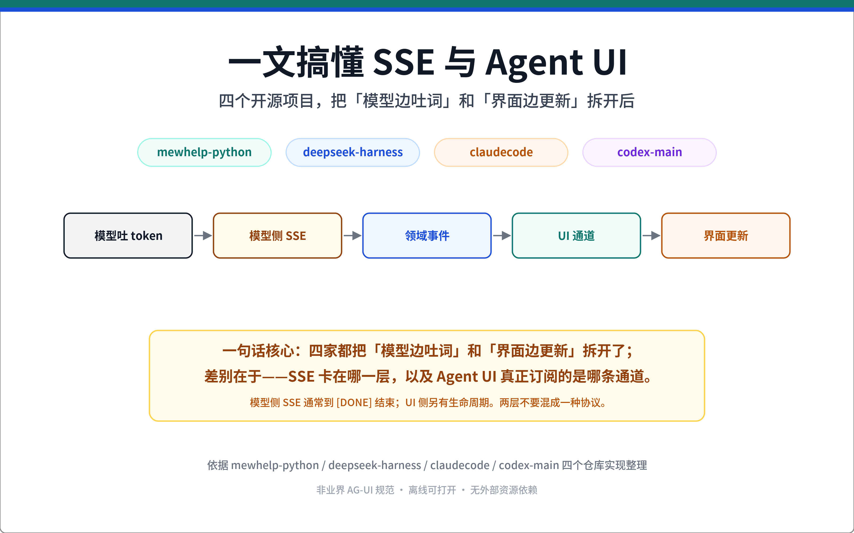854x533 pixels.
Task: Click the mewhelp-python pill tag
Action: pyautogui.click(x=204, y=152)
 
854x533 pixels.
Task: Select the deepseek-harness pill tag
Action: pyautogui.click(x=353, y=152)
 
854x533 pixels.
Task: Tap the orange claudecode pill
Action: pyautogui.click(x=501, y=152)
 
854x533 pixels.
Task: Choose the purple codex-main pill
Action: pyautogui.click(x=649, y=152)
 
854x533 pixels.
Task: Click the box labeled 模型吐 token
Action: pyautogui.click(x=128, y=236)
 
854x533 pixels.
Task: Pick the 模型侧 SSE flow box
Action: pyautogui.click(x=277, y=236)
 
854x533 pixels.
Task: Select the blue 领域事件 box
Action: pyautogui.click(x=427, y=236)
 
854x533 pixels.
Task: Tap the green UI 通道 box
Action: pyautogui.click(x=576, y=236)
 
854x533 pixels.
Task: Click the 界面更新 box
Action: pyautogui.click(x=726, y=236)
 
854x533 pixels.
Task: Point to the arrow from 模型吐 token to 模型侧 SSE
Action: pyautogui.click(x=203, y=236)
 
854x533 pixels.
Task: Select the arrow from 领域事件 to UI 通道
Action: pyautogui.click(x=502, y=236)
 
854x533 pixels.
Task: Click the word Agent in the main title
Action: pyautogui.click(x=534, y=64)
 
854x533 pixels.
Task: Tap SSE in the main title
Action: pyautogui.click(x=404, y=62)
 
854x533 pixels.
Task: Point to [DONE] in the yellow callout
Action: pyautogui.click(x=354, y=403)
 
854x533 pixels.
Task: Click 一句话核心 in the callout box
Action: pyautogui.click(x=258, y=351)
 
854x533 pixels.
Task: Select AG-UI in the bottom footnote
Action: pyautogui.click(x=360, y=490)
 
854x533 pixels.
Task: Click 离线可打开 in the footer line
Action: pyautogui.click(x=432, y=490)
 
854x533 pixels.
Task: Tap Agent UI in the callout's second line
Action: pyautogui.click(x=466, y=377)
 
